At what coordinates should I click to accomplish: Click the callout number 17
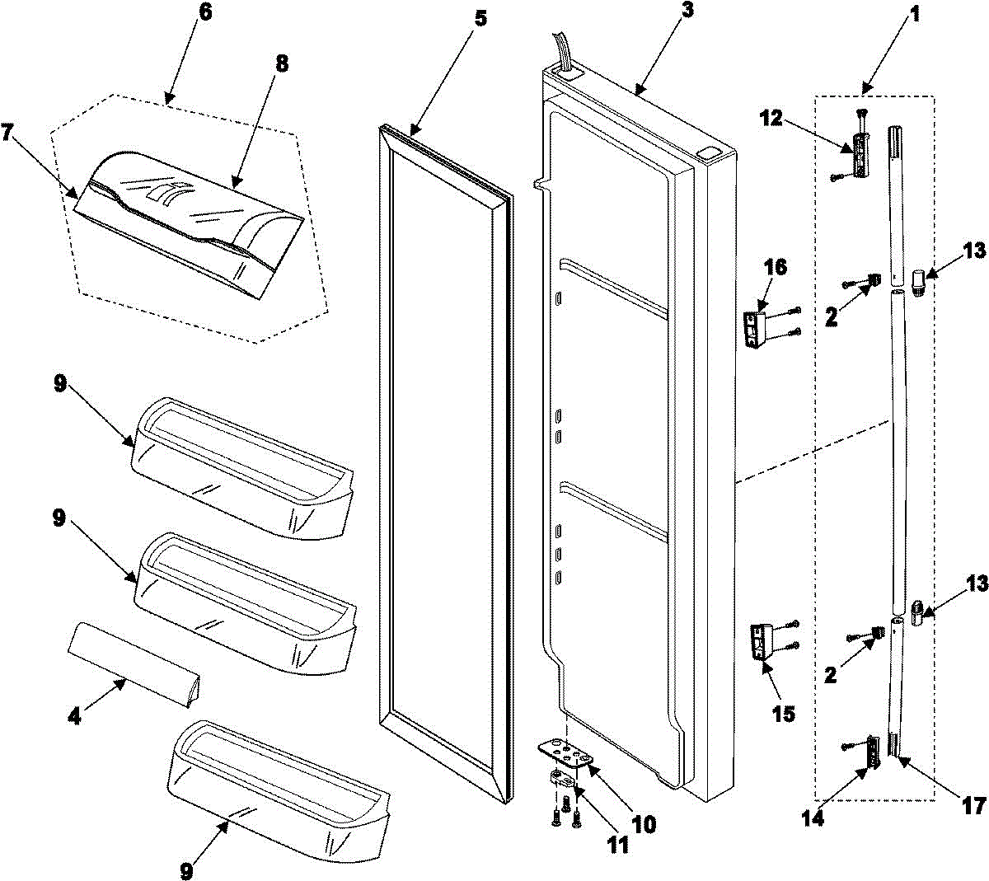(x=973, y=805)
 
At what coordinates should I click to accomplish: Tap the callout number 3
(x=687, y=10)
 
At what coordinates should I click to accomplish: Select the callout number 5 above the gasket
(x=480, y=19)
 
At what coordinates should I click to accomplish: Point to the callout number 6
(x=205, y=12)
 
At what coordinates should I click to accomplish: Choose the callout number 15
(x=783, y=714)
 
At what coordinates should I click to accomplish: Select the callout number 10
(x=644, y=824)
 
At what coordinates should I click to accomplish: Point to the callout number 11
(x=617, y=845)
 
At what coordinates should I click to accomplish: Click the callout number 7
(x=7, y=133)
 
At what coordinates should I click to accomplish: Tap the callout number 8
(x=282, y=64)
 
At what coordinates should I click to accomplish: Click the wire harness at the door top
(x=561, y=54)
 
